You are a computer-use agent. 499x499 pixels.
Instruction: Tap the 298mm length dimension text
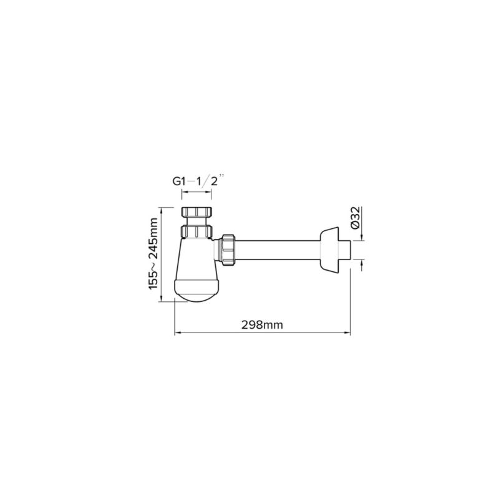262,325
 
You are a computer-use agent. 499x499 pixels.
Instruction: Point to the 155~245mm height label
153,254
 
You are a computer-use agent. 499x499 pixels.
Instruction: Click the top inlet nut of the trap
196,212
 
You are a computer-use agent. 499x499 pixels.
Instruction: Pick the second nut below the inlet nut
196,231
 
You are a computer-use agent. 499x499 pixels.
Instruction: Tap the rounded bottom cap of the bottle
196,290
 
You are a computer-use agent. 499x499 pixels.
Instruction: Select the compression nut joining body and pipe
228,250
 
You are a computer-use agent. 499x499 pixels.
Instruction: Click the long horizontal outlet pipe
278,250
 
